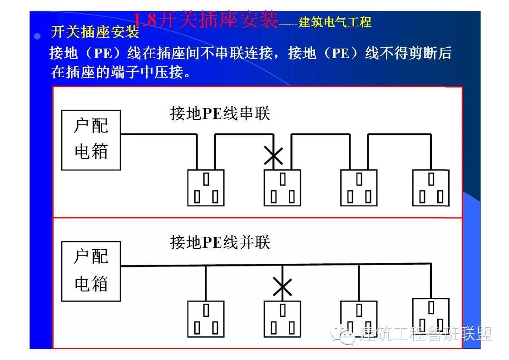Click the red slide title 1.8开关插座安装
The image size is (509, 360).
(x=205, y=20)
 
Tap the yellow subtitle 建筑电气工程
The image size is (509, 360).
(x=335, y=22)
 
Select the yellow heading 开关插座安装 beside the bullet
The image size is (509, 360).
(x=95, y=33)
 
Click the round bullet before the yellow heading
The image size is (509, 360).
(x=38, y=36)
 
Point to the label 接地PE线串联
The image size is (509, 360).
(x=220, y=113)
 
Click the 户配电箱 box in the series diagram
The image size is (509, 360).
(x=91, y=140)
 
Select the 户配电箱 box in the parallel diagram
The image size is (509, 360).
(x=91, y=271)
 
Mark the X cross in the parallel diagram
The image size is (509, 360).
(x=282, y=287)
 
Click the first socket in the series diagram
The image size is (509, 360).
(x=206, y=187)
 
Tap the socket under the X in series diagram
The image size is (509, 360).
(x=282, y=187)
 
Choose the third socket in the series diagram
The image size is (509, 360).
(x=359, y=187)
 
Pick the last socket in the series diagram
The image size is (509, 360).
(x=430, y=187)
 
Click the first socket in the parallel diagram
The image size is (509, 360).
(x=206, y=318)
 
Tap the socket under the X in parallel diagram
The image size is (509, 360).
(x=282, y=318)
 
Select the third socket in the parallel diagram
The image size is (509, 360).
(x=359, y=318)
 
